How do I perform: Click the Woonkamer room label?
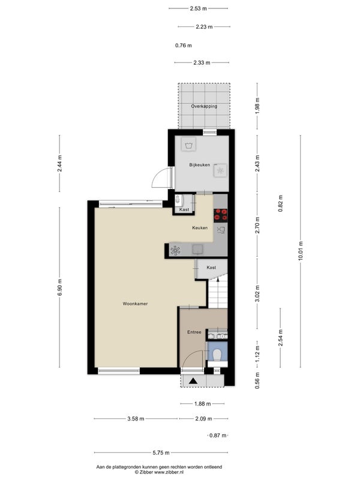[135, 304]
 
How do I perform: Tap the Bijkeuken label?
[200, 165]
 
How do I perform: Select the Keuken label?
[200, 228]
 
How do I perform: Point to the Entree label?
[194, 332]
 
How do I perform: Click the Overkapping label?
[204, 106]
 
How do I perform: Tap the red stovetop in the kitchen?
[221, 215]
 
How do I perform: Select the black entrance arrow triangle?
[193, 381]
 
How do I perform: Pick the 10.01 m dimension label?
[301, 251]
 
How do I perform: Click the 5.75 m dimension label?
[161, 452]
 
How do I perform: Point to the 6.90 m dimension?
[59, 287]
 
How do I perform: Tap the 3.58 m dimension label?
[136, 418]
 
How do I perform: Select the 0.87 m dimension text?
[218, 436]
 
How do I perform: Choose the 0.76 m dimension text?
[184, 46]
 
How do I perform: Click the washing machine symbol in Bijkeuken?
[188, 144]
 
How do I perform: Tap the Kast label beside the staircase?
[211, 268]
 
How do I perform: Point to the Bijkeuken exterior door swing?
[161, 178]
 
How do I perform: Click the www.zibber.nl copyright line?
[159, 472]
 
